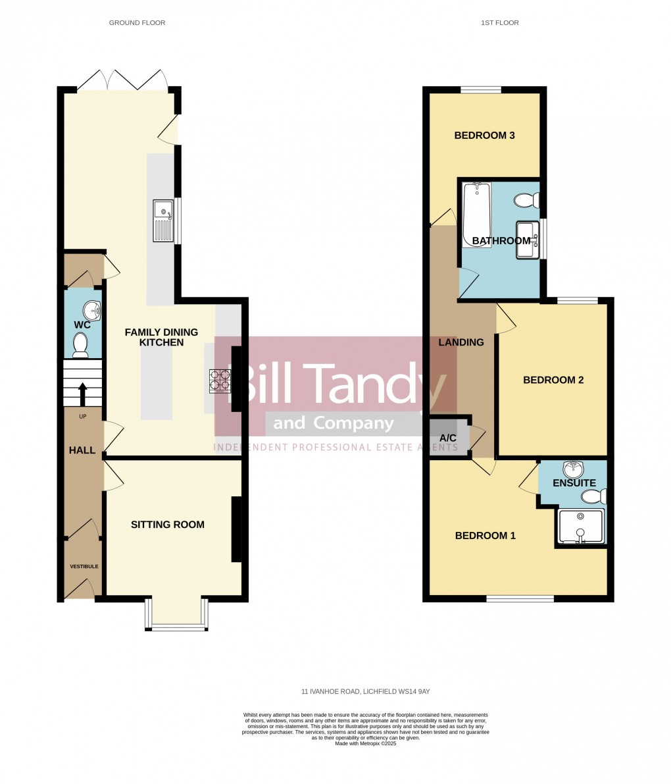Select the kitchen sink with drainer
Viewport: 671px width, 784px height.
(163, 221)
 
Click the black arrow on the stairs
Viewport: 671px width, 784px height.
(83, 394)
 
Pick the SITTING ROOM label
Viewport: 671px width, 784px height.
(168, 525)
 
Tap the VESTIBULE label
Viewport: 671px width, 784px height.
(85, 566)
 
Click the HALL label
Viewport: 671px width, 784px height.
(82, 450)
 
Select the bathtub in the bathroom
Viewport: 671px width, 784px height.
(477, 214)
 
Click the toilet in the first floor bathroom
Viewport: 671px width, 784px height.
(528, 200)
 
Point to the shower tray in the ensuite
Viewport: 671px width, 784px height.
(580, 526)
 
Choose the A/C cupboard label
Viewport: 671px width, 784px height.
(448, 438)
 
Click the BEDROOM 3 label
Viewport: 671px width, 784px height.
(484, 136)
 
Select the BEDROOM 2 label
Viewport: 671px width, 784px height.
(553, 380)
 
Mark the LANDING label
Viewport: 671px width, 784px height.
(461, 342)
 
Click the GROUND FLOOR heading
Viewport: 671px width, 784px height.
(137, 23)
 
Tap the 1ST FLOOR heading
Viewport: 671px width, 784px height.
(500, 23)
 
